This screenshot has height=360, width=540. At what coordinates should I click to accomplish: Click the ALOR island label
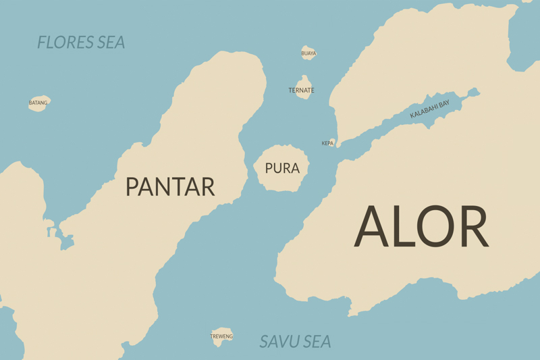(421, 226)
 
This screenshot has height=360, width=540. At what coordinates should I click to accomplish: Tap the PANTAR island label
(170, 186)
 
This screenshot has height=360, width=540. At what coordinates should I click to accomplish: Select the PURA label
(282, 168)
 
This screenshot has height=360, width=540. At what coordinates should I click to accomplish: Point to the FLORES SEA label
(81, 43)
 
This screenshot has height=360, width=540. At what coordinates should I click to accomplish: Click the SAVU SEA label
(295, 342)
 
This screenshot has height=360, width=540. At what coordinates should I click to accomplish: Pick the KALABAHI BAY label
(429, 109)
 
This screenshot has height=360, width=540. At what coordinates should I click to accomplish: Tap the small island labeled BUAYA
(308, 53)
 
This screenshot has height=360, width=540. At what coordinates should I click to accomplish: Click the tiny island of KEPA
(331, 143)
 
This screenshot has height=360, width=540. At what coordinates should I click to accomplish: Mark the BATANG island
(38, 103)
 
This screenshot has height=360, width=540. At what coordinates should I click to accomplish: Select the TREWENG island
(221, 336)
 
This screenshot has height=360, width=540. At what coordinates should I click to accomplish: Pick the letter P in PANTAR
(132, 186)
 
